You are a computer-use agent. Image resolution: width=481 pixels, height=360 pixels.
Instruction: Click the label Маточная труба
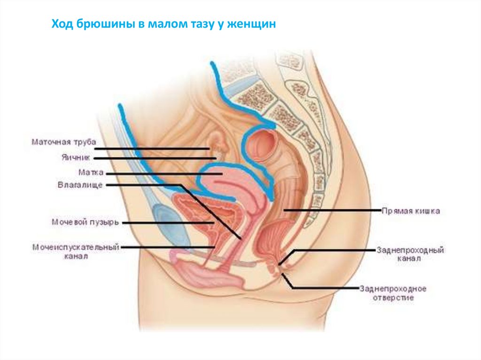[64, 141]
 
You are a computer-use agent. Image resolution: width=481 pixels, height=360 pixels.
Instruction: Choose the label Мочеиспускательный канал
[76, 251]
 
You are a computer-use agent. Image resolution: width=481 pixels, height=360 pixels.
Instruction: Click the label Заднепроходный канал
[410, 254]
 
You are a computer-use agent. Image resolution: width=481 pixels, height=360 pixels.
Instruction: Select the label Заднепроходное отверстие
[393, 292]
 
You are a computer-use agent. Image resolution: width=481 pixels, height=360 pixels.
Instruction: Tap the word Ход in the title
[61, 23]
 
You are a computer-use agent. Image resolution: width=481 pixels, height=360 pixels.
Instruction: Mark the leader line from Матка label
[164, 173]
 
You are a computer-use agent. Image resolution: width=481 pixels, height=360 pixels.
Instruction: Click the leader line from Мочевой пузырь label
[169, 223]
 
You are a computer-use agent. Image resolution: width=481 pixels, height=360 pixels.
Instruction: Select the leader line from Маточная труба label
[155, 149]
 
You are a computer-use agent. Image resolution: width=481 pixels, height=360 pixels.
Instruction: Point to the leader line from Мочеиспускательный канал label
[169, 247]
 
